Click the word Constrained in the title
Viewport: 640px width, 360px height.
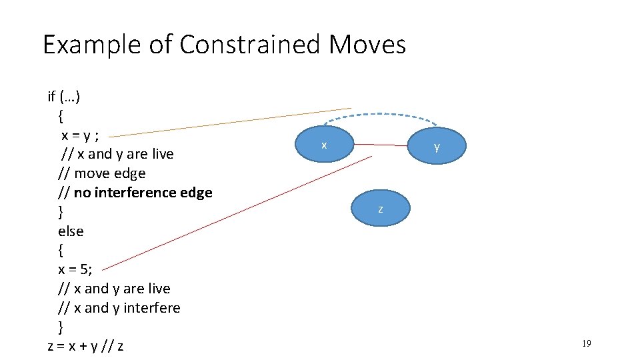(249, 45)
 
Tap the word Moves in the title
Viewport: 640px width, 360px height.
(367, 45)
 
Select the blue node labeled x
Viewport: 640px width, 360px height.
(324, 145)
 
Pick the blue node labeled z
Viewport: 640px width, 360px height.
(380, 209)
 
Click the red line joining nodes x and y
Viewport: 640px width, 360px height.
(380, 145)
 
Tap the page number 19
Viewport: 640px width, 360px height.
(586, 343)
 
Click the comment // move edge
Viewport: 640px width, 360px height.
(101, 173)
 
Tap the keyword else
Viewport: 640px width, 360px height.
(71, 231)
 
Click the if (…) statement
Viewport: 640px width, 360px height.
(64, 97)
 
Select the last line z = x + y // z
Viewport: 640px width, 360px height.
(85, 346)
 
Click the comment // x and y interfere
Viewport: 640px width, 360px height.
(119, 308)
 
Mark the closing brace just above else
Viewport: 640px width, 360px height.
(61, 212)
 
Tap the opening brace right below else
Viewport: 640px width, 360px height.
(61, 251)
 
